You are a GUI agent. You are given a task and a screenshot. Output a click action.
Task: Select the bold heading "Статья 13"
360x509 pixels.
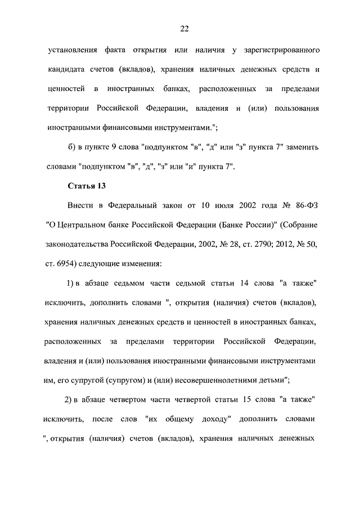pyautogui.click(x=87, y=186)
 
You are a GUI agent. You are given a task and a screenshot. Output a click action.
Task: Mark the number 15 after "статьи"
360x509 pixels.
pyautogui.click(x=246, y=399)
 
